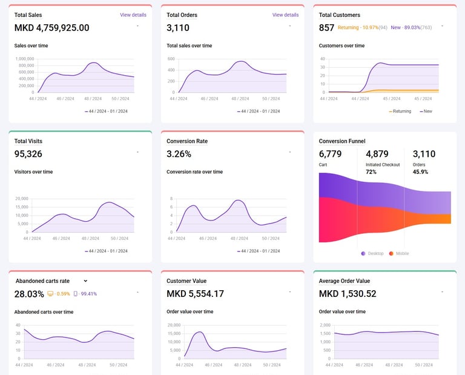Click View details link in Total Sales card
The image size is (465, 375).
(x=133, y=15)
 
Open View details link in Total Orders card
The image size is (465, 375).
(x=285, y=15)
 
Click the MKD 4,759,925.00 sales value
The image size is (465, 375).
(x=51, y=28)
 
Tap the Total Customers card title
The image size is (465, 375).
(x=339, y=15)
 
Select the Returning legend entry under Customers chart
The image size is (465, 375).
(x=401, y=111)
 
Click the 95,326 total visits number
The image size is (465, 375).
(x=28, y=154)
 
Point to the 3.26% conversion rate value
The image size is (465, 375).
(x=179, y=154)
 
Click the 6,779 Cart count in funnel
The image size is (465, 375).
(x=331, y=154)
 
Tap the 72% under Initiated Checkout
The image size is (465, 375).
(x=371, y=172)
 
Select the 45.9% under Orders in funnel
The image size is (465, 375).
(x=421, y=172)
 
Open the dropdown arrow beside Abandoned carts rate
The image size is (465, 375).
(x=85, y=281)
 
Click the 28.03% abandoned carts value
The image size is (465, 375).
(x=29, y=294)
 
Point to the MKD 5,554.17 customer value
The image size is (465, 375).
(x=195, y=294)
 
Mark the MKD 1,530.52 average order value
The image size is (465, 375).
(x=348, y=294)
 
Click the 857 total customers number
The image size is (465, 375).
(x=326, y=28)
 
